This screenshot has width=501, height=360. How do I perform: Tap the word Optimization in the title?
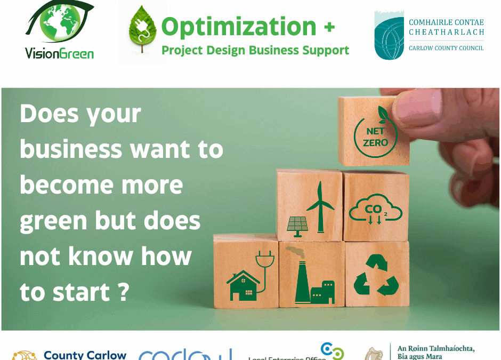click(x=239, y=26)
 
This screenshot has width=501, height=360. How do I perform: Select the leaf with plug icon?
click(x=141, y=30)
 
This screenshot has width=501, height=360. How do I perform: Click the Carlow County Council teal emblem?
click(x=389, y=35)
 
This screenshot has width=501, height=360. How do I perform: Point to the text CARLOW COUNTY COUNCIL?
click(x=446, y=48)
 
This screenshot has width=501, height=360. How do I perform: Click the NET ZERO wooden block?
click(x=374, y=131)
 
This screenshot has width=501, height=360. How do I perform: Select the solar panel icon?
click(x=297, y=224)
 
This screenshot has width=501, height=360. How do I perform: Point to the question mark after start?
click(x=123, y=293)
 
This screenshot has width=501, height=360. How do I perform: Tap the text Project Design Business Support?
click(x=255, y=50)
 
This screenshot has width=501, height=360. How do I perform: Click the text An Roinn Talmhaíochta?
click(x=435, y=349)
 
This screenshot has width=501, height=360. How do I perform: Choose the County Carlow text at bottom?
click(x=85, y=355)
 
